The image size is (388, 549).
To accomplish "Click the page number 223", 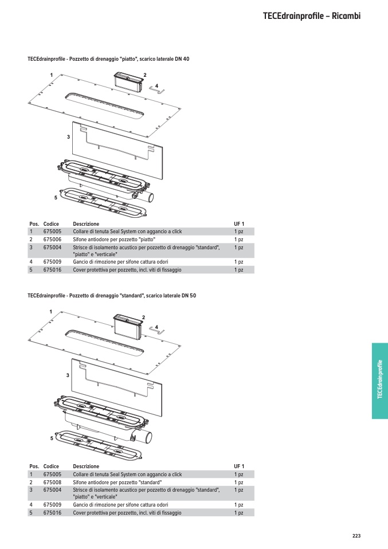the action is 356,536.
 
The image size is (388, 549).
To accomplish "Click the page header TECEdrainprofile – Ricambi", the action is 312,16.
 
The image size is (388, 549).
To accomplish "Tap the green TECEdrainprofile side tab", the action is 380,381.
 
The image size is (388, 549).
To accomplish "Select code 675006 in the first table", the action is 52,240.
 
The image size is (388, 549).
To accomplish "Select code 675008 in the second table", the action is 52,482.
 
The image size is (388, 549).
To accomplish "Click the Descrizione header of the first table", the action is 86,223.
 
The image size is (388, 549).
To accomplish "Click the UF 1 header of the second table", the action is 239,466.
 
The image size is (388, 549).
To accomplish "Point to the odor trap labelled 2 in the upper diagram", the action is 128,82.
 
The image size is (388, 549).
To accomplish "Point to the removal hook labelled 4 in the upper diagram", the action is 156,90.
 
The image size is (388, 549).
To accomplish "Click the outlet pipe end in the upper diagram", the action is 150,198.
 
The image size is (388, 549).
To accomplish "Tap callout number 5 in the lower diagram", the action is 52,438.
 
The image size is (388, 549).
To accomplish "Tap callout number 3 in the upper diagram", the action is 68,137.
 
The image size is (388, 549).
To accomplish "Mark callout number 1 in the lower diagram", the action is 51,312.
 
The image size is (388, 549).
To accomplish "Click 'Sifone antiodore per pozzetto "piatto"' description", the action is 114,240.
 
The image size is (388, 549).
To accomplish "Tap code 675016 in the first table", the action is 52,270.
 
